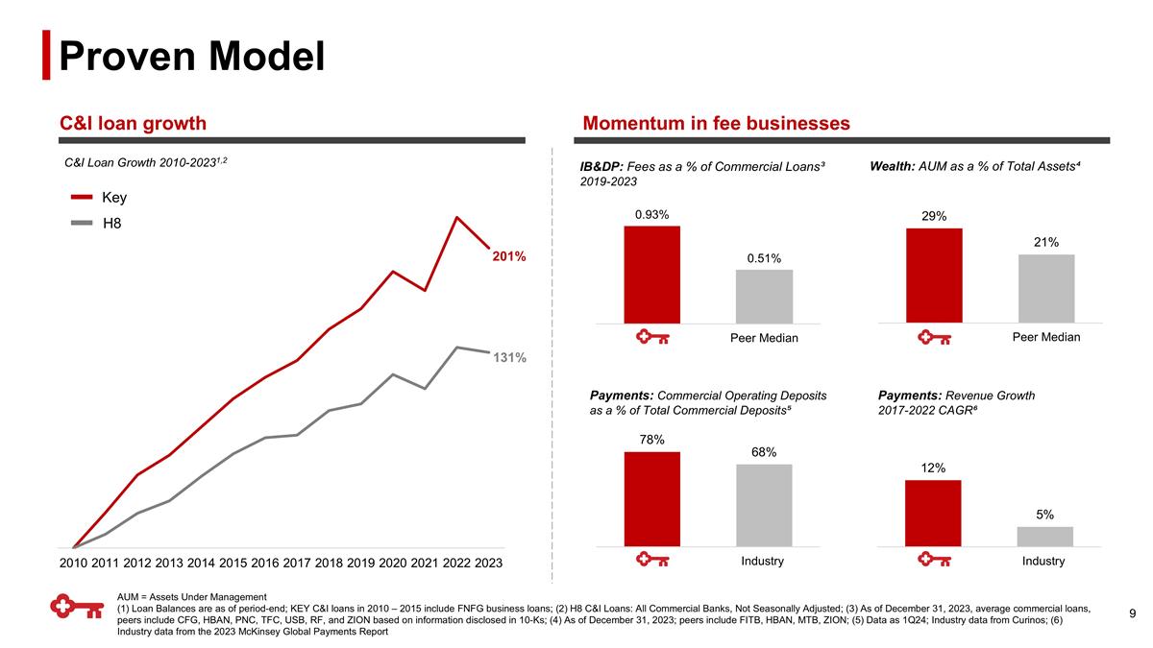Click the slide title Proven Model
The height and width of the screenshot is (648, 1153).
(191, 56)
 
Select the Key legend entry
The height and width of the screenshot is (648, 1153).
(113, 198)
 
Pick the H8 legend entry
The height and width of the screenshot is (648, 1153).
(112, 225)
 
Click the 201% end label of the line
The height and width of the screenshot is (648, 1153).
(509, 257)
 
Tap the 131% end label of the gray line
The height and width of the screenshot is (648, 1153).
(509, 357)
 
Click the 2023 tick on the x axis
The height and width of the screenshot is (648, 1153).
(488, 563)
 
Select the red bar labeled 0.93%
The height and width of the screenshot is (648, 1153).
(651, 275)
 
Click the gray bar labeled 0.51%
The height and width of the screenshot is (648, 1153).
(764, 297)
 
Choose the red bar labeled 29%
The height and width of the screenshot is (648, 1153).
(934, 276)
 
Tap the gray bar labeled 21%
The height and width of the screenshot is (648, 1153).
(1046, 289)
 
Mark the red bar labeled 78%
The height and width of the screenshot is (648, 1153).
(651, 499)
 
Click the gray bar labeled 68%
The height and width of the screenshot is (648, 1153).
(764, 506)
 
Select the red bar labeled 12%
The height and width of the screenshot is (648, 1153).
(933, 514)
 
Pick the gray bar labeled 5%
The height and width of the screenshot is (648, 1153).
(1044, 537)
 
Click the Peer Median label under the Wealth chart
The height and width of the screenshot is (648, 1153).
(1046, 337)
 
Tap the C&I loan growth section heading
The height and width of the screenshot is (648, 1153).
(134, 123)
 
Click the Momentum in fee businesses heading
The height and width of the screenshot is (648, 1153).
(716, 123)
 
